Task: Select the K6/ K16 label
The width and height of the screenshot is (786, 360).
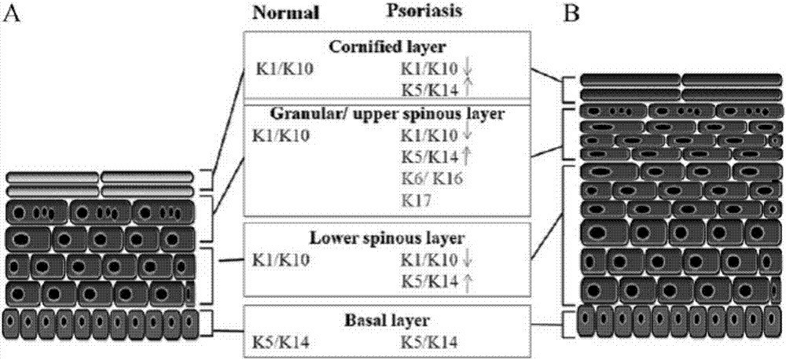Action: pyautogui.click(x=431, y=178)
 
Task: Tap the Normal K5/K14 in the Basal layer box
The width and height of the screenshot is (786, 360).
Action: pyautogui.click(x=281, y=342)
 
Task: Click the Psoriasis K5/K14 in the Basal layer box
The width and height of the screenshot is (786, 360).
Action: pyautogui.click(x=430, y=342)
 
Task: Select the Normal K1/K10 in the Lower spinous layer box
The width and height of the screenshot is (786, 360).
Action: pyautogui.click(x=281, y=259)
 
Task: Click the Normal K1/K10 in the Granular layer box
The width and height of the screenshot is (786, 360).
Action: pyautogui.click(x=281, y=136)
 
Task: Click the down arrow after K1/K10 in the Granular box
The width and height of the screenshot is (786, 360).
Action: pyautogui.click(x=468, y=137)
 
